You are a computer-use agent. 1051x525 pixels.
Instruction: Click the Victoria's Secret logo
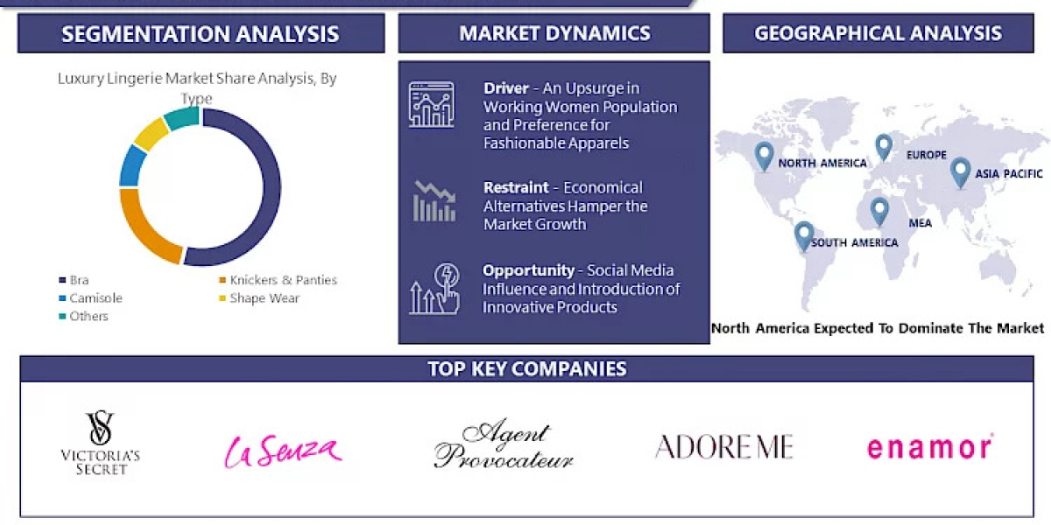(100, 444)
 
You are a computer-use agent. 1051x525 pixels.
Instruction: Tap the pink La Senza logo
(282, 450)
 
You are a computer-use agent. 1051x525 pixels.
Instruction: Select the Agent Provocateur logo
(504, 446)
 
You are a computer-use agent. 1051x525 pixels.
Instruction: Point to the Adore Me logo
(723, 446)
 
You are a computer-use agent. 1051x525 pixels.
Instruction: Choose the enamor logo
(929, 447)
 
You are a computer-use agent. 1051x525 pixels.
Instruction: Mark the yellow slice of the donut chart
(151, 133)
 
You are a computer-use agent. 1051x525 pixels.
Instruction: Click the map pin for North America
(764, 156)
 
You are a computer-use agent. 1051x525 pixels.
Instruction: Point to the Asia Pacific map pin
(960, 171)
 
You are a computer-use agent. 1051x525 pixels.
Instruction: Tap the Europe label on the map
(927, 155)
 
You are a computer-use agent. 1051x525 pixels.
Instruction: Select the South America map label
(854, 242)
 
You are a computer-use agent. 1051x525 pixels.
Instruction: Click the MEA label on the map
(920, 223)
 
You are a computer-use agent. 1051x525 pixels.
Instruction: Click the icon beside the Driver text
(431, 105)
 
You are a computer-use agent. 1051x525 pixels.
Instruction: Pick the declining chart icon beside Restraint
(434, 201)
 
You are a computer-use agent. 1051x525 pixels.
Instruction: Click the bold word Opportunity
(528, 270)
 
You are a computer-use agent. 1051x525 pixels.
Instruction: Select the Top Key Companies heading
(526, 368)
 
